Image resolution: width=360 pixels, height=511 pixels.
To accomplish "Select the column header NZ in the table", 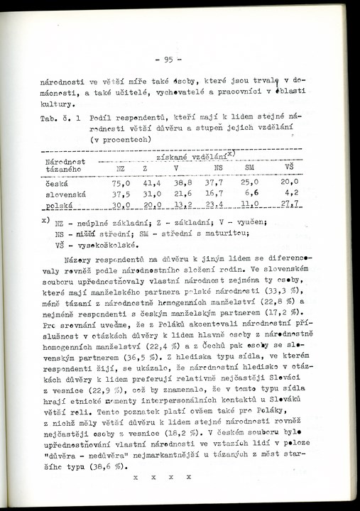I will [121, 167].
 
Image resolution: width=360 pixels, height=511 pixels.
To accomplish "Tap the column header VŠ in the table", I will [290, 167].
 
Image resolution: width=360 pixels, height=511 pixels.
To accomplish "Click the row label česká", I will [58, 182].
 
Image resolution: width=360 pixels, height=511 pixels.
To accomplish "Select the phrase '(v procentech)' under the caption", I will [120, 140].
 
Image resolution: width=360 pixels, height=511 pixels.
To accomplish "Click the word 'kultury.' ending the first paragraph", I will [60, 101].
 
